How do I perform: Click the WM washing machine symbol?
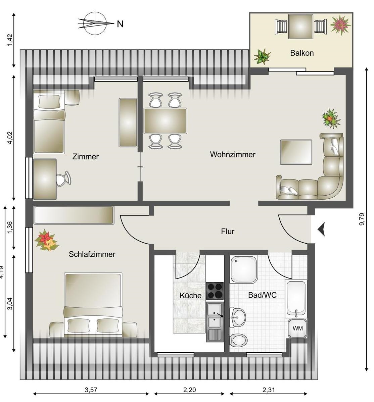297,328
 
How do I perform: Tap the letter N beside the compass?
120,24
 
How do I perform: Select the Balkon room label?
302,53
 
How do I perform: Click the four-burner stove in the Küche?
215,291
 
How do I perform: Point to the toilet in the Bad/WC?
238,340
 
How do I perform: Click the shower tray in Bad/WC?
244,269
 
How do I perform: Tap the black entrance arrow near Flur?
321,229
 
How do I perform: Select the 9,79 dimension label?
362,219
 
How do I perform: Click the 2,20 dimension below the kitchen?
190,390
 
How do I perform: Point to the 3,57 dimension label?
91,390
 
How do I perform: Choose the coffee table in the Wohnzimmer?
296,152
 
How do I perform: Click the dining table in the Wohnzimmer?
165,121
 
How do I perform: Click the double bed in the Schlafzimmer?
93,305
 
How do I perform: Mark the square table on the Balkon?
300,27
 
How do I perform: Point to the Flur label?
228,232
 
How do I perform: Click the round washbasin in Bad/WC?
238,317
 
